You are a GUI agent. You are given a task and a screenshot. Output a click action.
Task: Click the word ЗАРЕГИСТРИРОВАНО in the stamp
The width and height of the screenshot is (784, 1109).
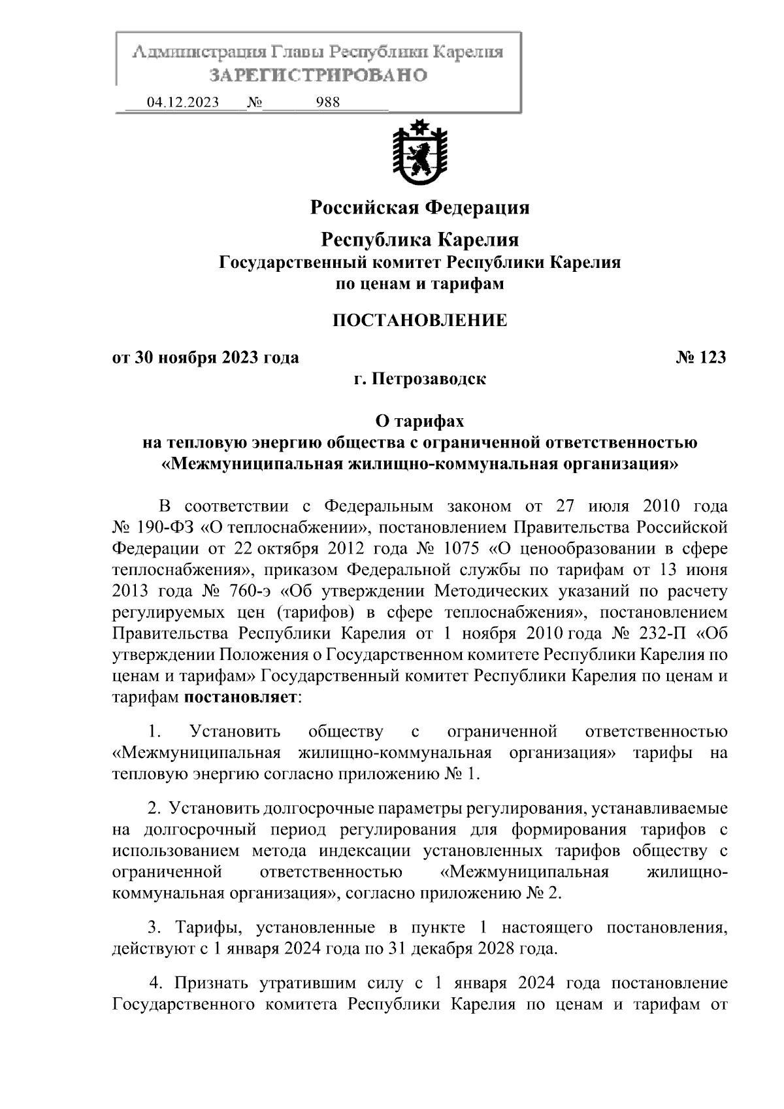(318, 75)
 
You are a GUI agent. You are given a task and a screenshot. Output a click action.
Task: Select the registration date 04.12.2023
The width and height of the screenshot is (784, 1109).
(183, 103)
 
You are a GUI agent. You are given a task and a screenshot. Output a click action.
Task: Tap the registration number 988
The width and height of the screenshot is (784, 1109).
(327, 103)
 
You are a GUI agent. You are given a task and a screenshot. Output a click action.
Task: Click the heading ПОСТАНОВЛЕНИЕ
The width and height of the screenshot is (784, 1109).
(419, 321)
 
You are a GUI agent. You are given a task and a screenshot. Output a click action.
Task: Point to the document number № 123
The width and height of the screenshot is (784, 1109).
(700, 357)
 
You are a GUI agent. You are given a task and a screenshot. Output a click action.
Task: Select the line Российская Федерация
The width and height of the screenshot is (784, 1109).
(419, 208)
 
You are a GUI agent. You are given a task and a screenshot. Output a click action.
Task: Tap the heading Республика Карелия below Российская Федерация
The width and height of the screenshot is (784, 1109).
(419, 240)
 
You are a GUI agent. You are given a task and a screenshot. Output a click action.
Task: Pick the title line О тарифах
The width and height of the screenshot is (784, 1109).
(419, 422)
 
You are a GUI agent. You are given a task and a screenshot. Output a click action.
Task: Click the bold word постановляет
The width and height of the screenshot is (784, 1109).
(240, 697)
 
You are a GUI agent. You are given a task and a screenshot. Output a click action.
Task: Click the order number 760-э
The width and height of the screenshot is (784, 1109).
(255, 591)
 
